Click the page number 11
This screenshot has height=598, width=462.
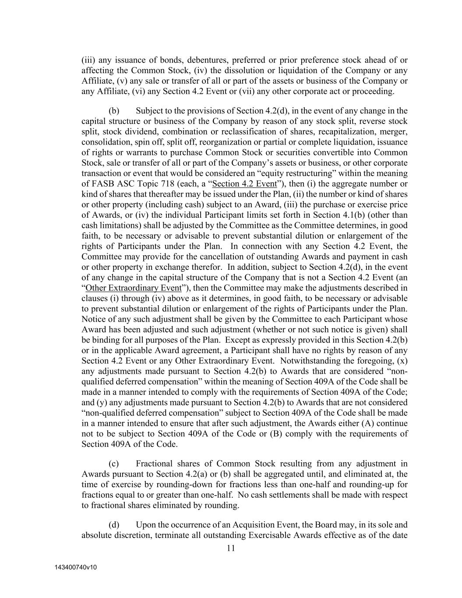[231, 548]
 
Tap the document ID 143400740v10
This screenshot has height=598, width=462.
[76, 567]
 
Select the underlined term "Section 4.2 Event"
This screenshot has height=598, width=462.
[244, 184]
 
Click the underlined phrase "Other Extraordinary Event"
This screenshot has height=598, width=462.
[133, 288]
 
